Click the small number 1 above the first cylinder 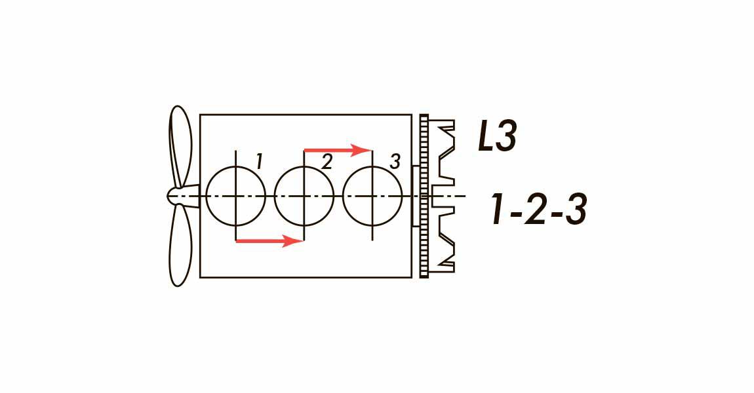coord(259,161)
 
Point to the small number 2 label coord(327,162)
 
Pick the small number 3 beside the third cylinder coord(394,162)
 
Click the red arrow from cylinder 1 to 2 coord(269,240)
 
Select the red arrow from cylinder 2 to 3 coord(338,150)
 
